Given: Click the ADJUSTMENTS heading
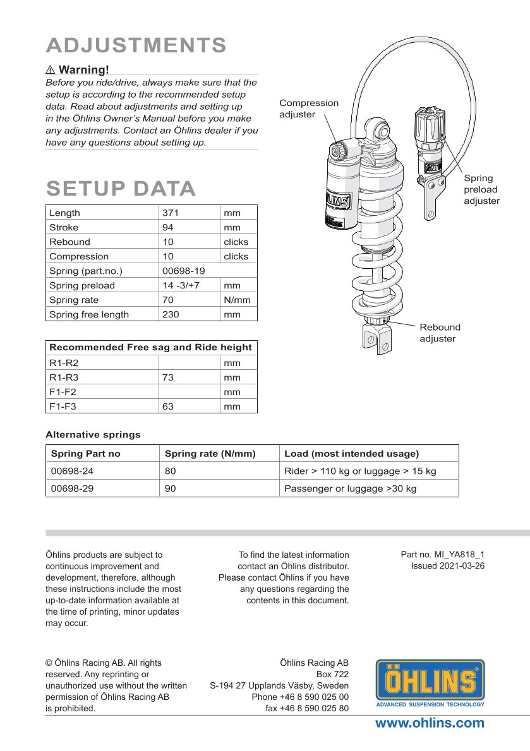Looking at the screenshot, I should click(136, 45).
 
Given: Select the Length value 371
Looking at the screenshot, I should click(171, 213).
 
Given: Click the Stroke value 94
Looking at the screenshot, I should click(169, 228).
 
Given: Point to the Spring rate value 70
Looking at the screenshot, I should click(168, 300).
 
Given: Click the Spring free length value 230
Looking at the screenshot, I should click(171, 315).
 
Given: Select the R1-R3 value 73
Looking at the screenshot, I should click(168, 378).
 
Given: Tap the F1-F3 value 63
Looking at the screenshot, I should click(168, 407).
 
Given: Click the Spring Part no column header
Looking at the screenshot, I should click(85, 454).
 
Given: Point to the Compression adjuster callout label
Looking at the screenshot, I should click(309, 109).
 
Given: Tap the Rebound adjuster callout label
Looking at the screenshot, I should click(440, 333).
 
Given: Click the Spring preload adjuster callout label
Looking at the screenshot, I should click(481, 189).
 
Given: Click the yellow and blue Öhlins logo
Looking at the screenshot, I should click(430, 683).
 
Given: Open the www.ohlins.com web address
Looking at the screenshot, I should click(430, 724).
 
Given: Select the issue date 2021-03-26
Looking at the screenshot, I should click(448, 566).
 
